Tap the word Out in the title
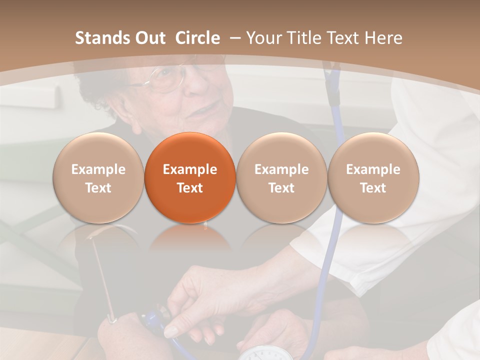pyautogui.click(x=149, y=38)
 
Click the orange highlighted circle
pyautogui.click(x=190, y=177)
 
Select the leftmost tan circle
pyautogui.click(x=98, y=177)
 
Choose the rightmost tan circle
pyautogui.click(x=373, y=177)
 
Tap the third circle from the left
pyautogui.click(x=281, y=177)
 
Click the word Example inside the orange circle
pyautogui.click(x=190, y=169)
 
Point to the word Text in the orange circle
pyautogui.click(x=190, y=188)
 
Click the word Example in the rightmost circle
pyautogui.click(x=373, y=169)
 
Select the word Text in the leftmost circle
pyautogui.click(x=98, y=188)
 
